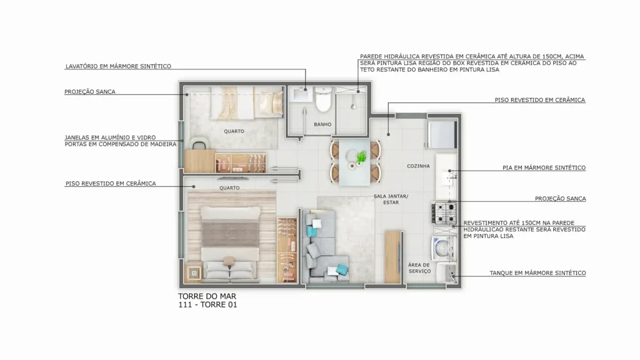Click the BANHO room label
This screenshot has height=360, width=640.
(x=322, y=124)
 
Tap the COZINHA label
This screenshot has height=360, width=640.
(x=418, y=166)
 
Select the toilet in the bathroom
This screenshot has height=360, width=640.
(x=324, y=99)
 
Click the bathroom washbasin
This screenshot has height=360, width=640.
(x=303, y=94)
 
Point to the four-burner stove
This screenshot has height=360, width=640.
(x=444, y=213)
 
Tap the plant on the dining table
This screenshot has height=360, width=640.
(x=361, y=157)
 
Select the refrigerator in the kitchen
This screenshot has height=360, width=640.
(x=442, y=134)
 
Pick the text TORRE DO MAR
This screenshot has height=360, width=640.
(x=207, y=296)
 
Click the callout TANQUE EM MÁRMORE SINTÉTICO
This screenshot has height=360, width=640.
(x=537, y=273)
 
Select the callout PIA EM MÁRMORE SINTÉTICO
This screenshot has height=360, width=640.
(x=544, y=167)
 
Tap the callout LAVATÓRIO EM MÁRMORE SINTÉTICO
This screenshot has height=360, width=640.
(x=118, y=66)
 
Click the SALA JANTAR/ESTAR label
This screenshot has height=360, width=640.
(x=391, y=199)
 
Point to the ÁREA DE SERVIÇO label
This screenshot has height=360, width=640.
(x=419, y=267)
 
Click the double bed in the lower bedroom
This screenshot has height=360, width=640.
(x=231, y=244)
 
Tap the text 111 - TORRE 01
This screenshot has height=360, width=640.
(x=207, y=305)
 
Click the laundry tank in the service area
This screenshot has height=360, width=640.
(x=446, y=272)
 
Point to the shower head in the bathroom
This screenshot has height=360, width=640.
(x=354, y=107)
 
